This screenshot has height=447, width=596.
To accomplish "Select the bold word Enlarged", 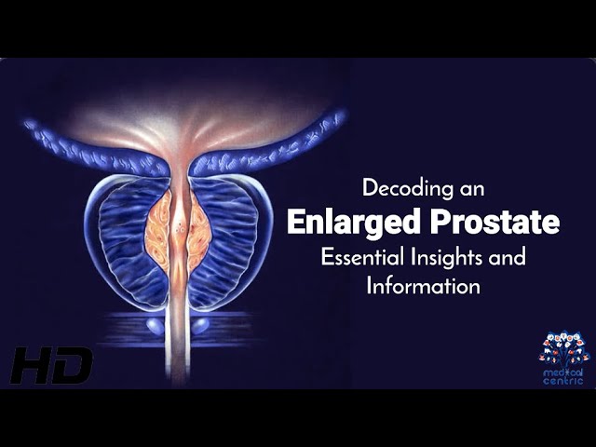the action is click(x=353, y=223).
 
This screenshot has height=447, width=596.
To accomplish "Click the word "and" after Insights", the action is click(x=508, y=257).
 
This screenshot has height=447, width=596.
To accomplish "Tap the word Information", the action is click(x=423, y=286).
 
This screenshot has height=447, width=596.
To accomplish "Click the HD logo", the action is click(x=50, y=365).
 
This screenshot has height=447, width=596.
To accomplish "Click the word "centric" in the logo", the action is click(x=563, y=381).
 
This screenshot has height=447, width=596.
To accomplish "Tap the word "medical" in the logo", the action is click(x=562, y=372).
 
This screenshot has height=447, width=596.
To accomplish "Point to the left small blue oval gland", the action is click(x=155, y=326).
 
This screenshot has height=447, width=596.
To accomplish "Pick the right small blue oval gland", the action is click(x=201, y=326).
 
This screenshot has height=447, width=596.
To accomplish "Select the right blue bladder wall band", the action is click(x=266, y=146).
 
